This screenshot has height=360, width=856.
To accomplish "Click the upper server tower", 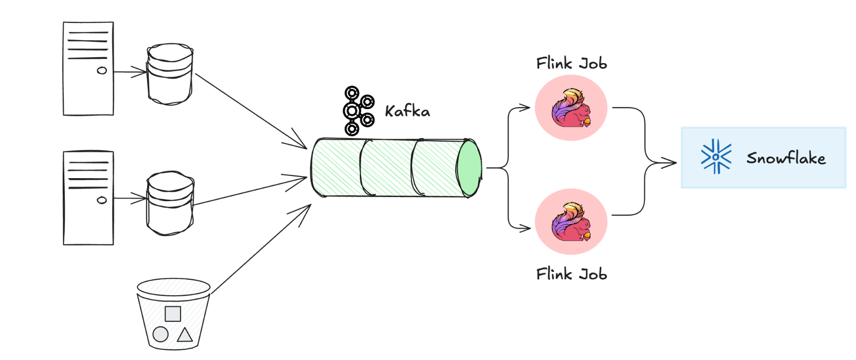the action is [88, 68].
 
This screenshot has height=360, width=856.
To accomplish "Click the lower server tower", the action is [88, 198].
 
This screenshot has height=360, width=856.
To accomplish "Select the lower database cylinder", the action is [170, 203].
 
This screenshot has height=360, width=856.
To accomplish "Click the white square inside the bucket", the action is [173, 314].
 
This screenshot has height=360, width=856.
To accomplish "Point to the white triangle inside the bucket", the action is [185, 335].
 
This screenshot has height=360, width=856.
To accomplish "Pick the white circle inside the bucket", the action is [160, 335].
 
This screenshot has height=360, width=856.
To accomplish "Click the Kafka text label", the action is [407, 111].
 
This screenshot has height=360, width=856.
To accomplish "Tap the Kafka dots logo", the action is [357, 111].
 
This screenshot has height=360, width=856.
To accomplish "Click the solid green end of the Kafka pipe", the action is [469, 168].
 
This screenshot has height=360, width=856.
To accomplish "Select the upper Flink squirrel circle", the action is [571, 108].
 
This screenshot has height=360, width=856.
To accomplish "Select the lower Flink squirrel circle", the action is [571, 221].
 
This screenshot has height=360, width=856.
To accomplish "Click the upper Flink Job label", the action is [571, 64].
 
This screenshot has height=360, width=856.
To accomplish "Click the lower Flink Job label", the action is [571, 274].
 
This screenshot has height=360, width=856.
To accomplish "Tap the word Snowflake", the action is [785, 158].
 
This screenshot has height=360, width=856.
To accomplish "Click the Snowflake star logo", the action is [716, 157].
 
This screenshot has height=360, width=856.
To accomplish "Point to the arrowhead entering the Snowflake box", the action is [671, 163].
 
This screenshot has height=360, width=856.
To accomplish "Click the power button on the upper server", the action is [102, 70].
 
